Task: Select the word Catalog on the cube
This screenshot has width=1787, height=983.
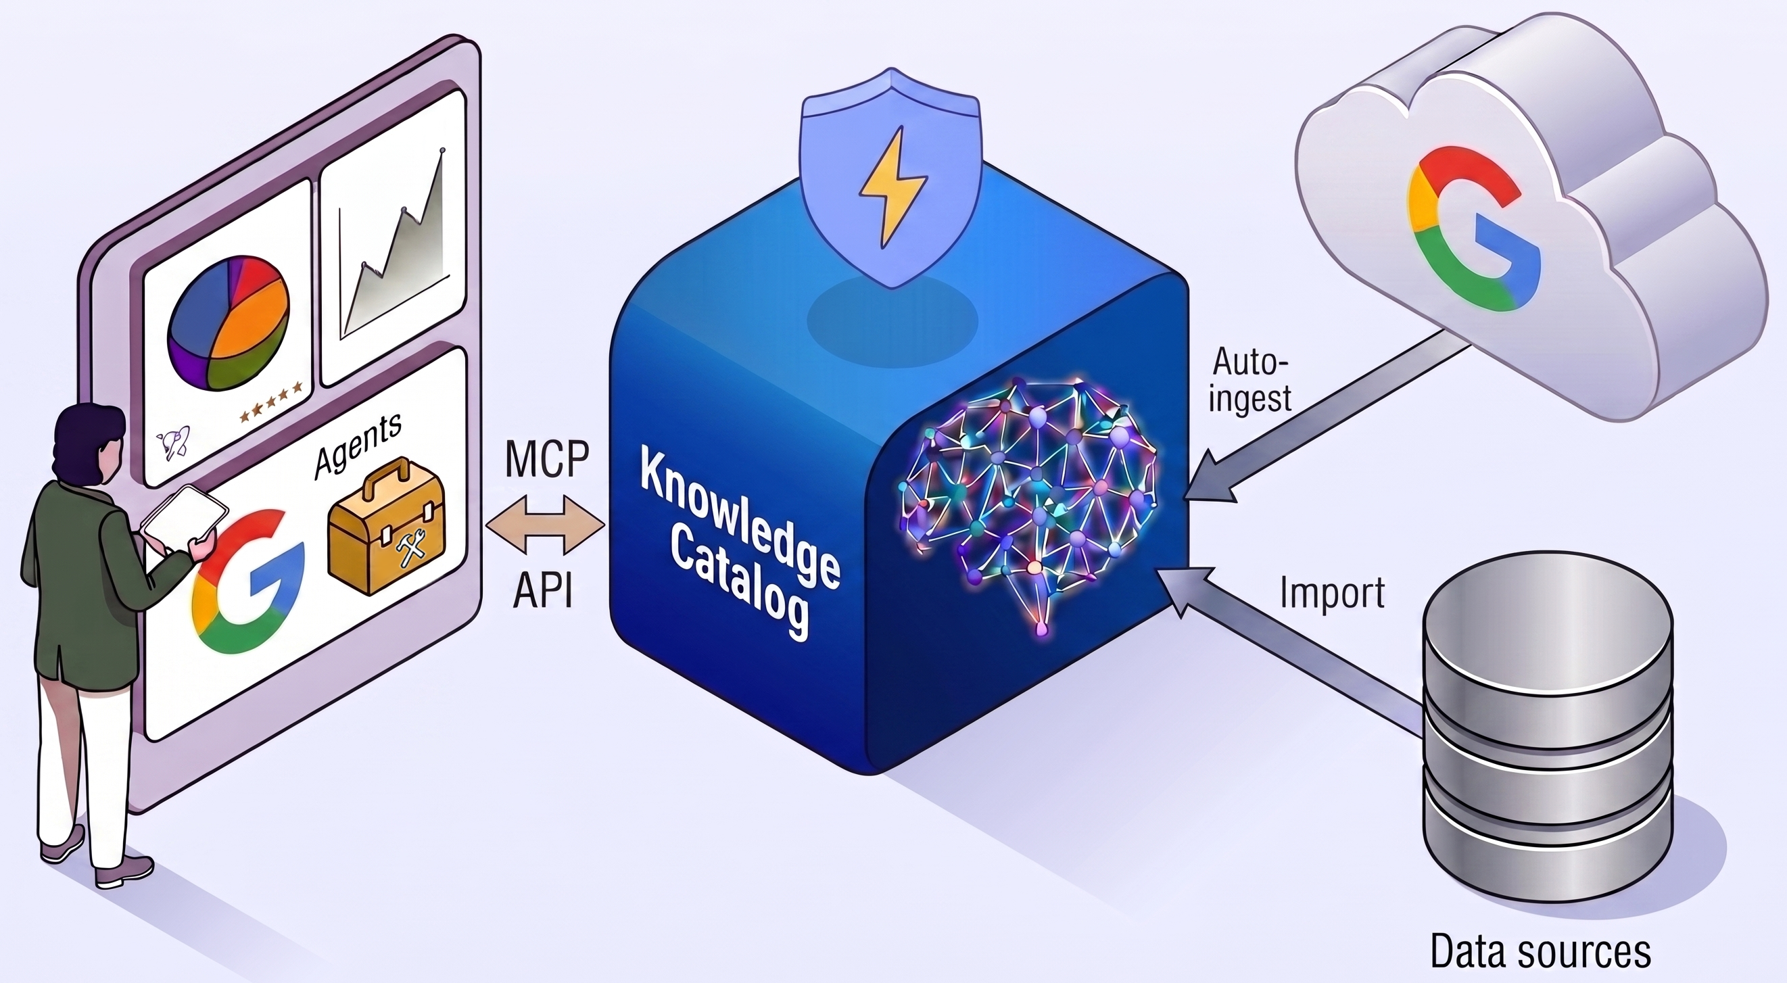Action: (741, 590)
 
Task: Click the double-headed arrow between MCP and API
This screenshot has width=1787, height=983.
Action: (546, 524)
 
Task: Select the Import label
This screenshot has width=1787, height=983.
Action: (1332, 592)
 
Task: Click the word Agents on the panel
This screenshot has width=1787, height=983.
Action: (357, 446)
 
